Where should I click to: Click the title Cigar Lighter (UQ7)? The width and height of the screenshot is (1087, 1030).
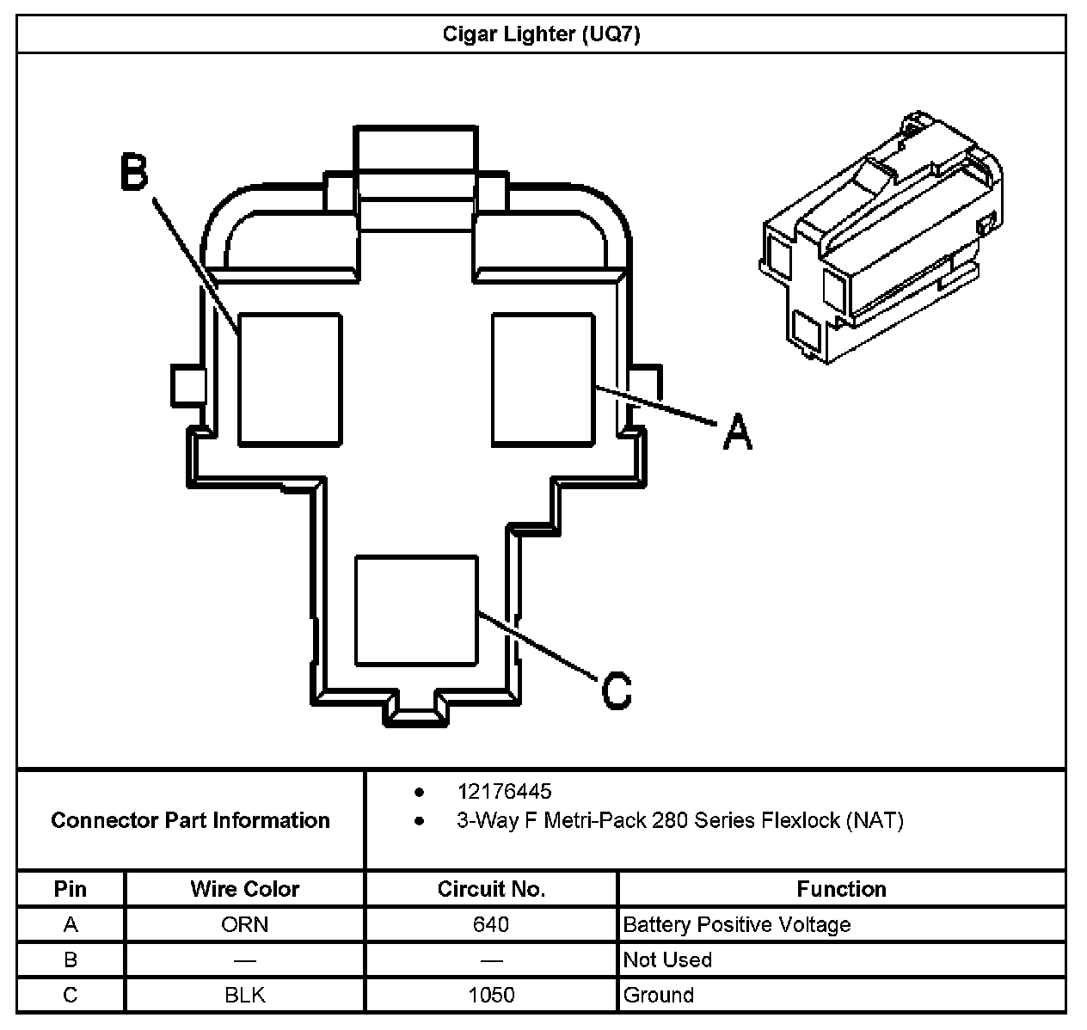coord(541,34)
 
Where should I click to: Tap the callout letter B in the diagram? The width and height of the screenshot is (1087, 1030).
coord(134,172)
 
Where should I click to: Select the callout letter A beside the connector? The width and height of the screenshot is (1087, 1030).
coord(737,431)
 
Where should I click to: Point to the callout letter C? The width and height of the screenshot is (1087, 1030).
coord(616,690)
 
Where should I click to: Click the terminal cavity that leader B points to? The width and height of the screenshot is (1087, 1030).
coord(290,379)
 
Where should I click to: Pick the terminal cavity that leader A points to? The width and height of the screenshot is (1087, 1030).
coord(543,379)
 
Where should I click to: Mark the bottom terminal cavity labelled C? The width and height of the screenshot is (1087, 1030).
coord(416,610)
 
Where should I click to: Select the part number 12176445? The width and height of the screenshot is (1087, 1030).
coord(504,792)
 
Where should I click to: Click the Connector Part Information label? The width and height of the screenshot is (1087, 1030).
coord(190,820)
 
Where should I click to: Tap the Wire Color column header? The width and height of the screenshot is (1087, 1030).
coord(245,889)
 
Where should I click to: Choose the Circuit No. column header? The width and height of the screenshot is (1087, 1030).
coord(491,889)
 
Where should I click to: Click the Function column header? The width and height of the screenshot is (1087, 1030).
coord(841,889)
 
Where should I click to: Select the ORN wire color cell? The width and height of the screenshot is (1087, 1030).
coord(245,924)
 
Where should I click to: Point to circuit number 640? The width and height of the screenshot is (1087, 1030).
coord(491,924)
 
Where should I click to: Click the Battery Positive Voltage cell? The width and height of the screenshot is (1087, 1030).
coord(736,924)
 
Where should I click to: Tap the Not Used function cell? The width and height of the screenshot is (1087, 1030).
coord(667,959)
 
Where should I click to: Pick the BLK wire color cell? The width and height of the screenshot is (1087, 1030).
coord(245,995)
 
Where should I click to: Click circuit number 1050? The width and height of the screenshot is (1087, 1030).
coord(491,995)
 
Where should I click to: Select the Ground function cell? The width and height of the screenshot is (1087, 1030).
coord(658,995)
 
